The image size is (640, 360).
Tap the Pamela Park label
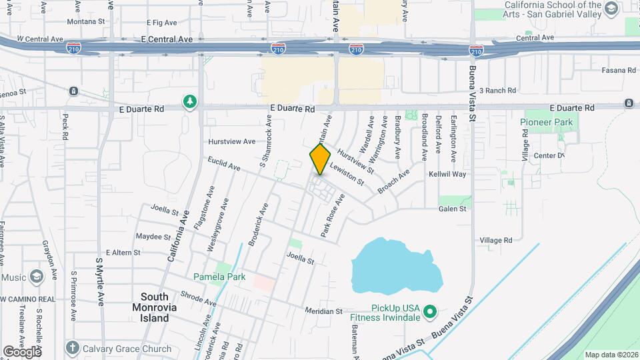(219, 277)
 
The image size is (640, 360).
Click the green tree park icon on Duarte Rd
(191, 102)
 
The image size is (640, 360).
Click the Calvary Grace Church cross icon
(73, 348)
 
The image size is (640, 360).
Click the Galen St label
(452, 209)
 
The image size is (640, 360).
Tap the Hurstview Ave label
(231, 141)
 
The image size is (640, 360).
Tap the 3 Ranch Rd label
(497, 91)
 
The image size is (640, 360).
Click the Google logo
(22, 351)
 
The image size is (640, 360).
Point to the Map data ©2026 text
(610, 355)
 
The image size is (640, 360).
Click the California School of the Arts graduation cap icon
(611, 9)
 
